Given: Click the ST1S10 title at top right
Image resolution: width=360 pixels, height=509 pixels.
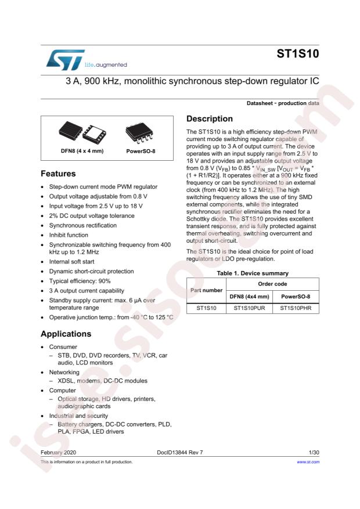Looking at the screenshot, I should pos(300,55).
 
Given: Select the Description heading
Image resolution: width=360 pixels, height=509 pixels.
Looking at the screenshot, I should pos(210,118).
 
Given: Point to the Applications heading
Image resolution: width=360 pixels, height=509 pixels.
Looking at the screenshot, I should pos(66,334).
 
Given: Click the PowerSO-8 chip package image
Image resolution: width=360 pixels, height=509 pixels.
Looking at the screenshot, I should pos(139,135).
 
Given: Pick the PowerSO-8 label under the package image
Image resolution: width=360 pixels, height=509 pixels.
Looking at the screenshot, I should pos(139,153).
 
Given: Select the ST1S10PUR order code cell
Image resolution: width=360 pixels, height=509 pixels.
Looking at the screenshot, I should pos(250,309).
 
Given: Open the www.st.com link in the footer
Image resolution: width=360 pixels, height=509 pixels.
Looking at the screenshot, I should pos(308,462).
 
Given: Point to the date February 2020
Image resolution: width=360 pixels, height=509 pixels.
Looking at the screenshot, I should pos(58,451).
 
